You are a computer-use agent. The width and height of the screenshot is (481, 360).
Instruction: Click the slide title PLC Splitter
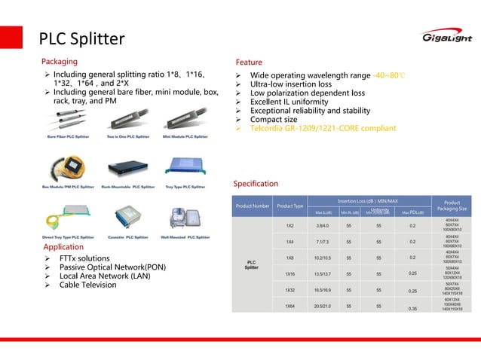point(81,38)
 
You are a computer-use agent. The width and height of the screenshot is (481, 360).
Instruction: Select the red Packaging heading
point(60,60)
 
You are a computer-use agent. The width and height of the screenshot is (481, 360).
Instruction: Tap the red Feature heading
point(249,62)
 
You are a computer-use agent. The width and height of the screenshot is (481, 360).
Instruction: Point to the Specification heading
point(256,183)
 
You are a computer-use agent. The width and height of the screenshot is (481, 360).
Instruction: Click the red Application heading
point(63,246)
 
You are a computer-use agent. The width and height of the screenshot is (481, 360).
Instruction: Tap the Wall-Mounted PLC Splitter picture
point(185,219)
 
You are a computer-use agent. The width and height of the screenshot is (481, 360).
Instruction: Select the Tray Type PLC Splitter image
point(184,167)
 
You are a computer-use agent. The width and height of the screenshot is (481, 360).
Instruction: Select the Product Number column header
point(253,206)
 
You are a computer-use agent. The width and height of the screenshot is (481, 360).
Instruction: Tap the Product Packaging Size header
point(452,206)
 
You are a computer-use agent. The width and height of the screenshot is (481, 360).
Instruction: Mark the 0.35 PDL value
point(412,308)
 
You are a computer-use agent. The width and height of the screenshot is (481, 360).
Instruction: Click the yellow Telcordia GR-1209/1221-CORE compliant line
point(323,128)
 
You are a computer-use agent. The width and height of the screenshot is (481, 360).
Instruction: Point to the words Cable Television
point(88,285)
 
